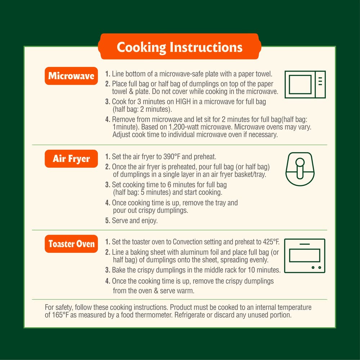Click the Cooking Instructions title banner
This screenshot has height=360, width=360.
[180, 46]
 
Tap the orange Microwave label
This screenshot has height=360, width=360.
[71, 76]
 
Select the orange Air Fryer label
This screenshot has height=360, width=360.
[71, 159]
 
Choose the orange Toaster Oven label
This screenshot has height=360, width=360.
[71, 244]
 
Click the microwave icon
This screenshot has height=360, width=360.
[305, 85]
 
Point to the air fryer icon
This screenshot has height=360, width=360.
[300, 169]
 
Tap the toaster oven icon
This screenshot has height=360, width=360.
[305, 256]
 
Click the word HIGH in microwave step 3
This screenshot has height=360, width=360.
[183, 102]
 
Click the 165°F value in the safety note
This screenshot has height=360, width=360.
[60, 315]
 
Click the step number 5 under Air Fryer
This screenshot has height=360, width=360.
[108, 221]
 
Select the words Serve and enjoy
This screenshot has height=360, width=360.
[135, 221]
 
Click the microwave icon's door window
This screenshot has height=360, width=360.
[300, 85]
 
